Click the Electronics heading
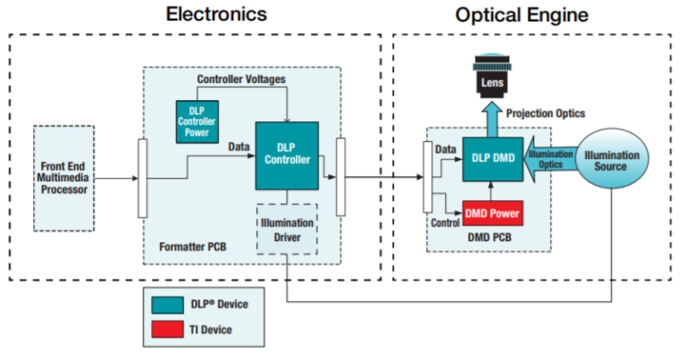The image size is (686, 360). click(216, 13)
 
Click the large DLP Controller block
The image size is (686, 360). click(287, 154)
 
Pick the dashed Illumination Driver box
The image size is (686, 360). click(287, 230)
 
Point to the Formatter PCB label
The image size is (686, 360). click(193, 246)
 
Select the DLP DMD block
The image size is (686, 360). click(491, 157)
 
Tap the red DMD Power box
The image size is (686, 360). click(491, 214)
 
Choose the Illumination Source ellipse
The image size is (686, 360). click(612, 161)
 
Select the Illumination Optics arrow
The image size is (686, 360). click(543, 159)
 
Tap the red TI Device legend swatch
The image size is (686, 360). click(167, 330)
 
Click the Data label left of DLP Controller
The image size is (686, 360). click(238, 145)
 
